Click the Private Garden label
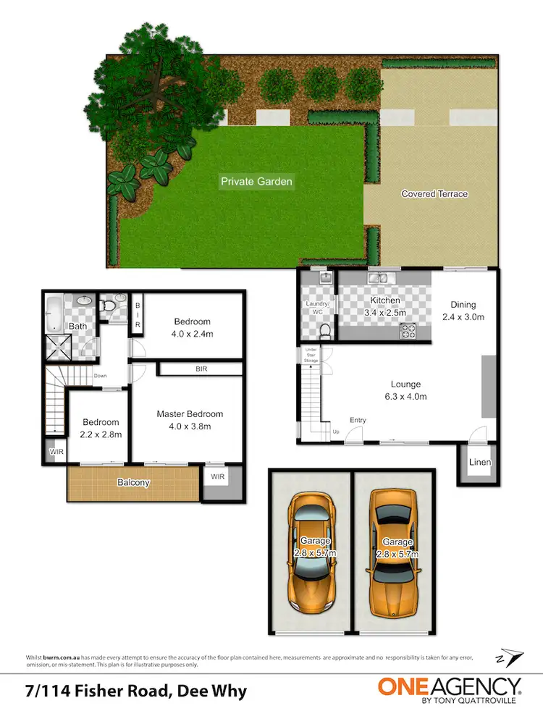click(257, 181)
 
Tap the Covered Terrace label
click(434, 194)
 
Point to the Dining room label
click(463, 305)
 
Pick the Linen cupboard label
click(480, 462)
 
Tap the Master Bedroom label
click(190, 414)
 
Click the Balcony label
click(135, 482)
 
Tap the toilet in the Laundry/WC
click(325, 332)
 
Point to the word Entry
click(358, 420)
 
